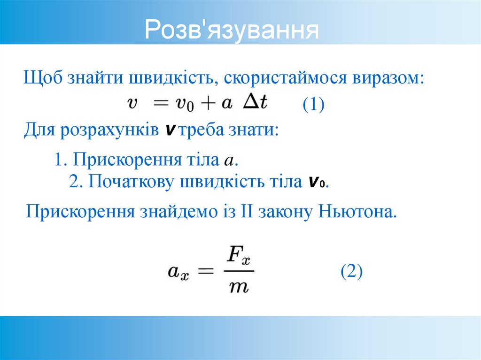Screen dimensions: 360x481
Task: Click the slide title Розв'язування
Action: pyautogui.click(x=232, y=30)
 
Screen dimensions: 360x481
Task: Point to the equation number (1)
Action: pyautogui.click(x=313, y=104)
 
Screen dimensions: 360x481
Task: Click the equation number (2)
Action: pyautogui.click(x=351, y=272)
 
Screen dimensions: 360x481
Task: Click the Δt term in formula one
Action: pyautogui.click(x=255, y=103)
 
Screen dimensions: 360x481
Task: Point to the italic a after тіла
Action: pyautogui.click(x=229, y=161)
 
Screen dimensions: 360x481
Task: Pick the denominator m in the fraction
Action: pyautogui.click(x=238, y=286)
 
